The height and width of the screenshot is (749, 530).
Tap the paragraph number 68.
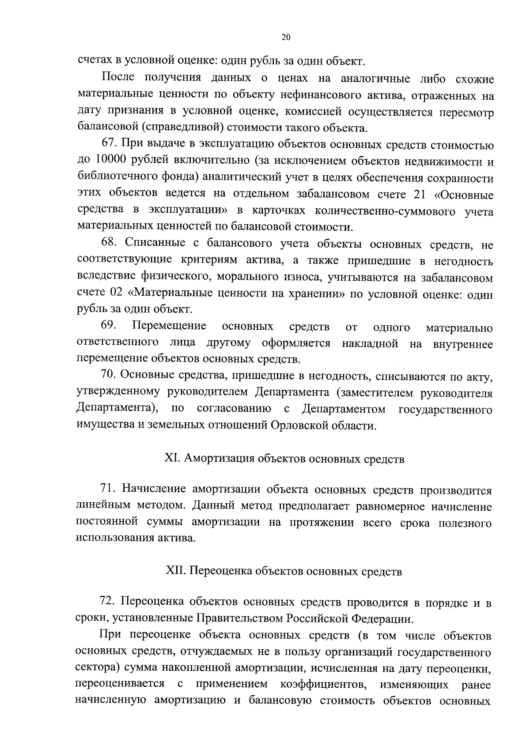[109, 244]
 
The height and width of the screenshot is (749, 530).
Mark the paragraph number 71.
[109, 489]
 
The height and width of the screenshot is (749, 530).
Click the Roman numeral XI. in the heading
[172, 459]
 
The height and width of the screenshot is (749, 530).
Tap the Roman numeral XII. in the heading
[174, 572]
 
